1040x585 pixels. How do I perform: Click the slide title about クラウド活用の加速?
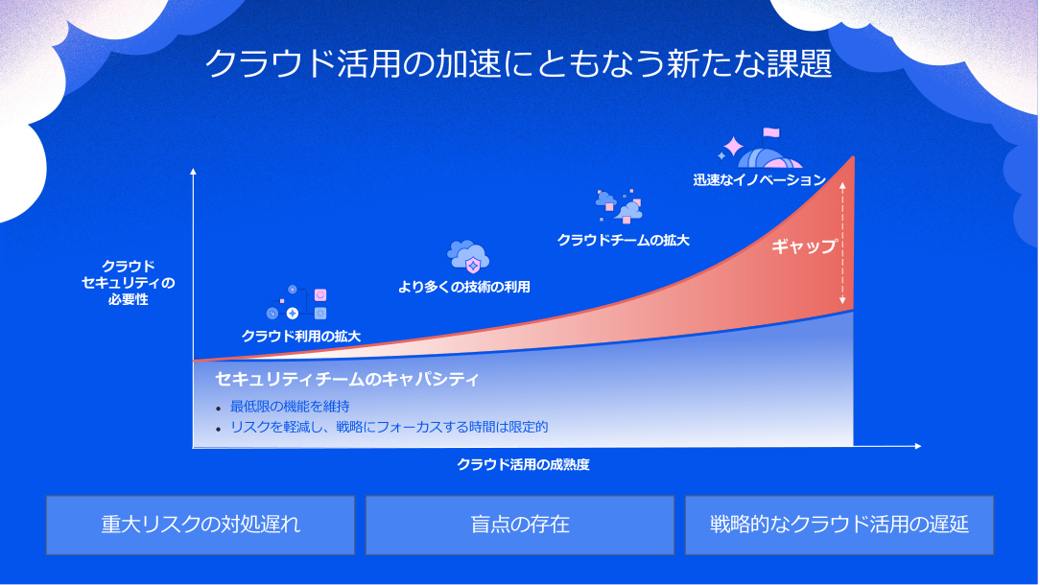pyautogui.click(x=518, y=64)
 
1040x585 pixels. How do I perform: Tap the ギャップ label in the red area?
pyautogui.click(x=804, y=246)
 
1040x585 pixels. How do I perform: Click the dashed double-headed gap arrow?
pyautogui.click(x=842, y=245)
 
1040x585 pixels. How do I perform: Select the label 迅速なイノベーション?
pyautogui.click(x=760, y=179)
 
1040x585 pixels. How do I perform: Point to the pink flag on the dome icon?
pyautogui.click(x=771, y=132)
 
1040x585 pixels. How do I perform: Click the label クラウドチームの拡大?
pyautogui.click(x=624, y=240)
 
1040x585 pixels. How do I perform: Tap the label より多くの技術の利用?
pyautogui.click(x=464, y=287)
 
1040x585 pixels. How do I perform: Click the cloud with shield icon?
pyautogui.click(x=469, y=257)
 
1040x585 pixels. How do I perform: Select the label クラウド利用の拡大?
pyautogui.click(x=301, y=337)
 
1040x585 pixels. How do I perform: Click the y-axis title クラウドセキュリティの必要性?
pyautogui.click(x=128, y=283)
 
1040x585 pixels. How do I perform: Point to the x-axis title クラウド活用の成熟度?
pyautogui.click(x=523, y=464)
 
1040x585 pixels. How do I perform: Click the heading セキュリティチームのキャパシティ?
pyautogui.click(x=347, y=379)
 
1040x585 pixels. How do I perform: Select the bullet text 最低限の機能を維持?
pyautogui.click(x=290, y=406)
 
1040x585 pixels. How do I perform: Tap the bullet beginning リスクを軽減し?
pyautogui.click(x=390, y=427)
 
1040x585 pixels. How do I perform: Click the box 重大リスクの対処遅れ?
pyautogui.click(x=201, y=525)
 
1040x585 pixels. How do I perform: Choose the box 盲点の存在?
pyautogui.click(x=520, y=525)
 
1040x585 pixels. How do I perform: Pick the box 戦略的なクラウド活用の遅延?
pyautogui.click(x=839, y=525)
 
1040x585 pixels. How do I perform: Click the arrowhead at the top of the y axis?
pyautogui.click(x=193, y=171)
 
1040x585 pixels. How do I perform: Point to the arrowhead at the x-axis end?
pyautogui.click(x=918, y=446)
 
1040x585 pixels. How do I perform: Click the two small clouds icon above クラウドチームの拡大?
pyautogui.click(x=620, y=206)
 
